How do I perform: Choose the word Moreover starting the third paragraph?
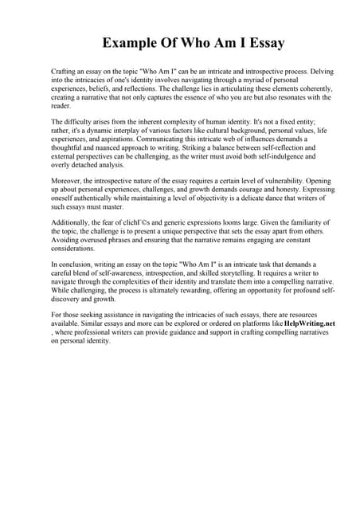[66, 181]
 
